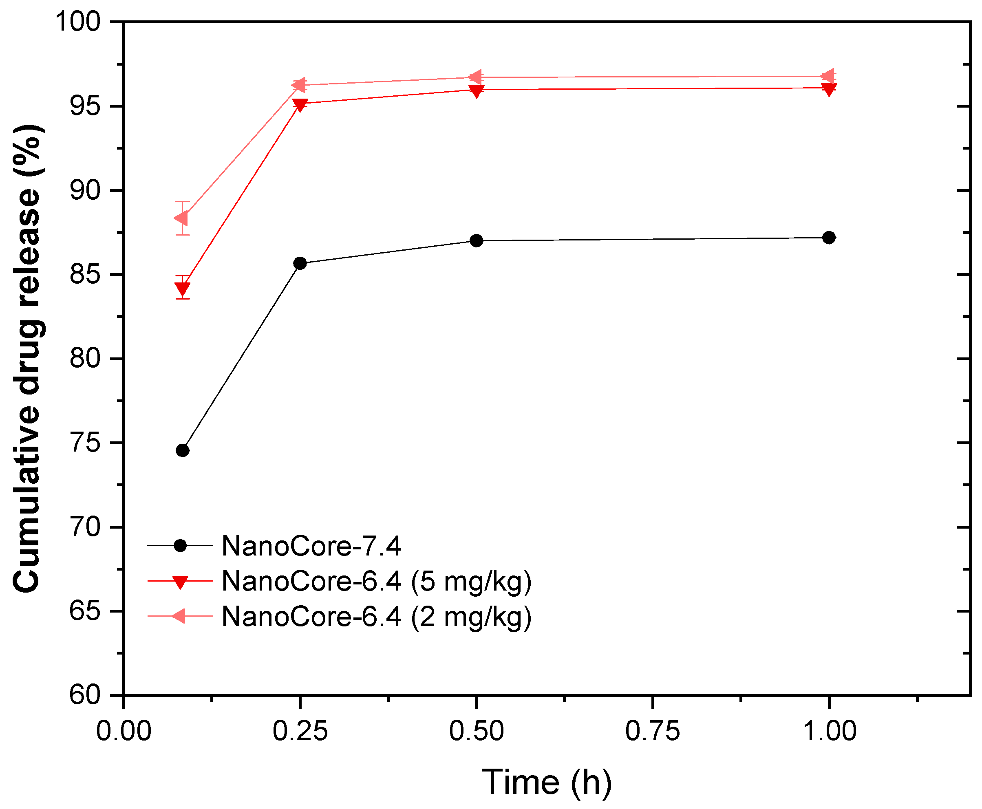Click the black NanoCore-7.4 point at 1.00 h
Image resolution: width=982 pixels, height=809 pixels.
[828, 238]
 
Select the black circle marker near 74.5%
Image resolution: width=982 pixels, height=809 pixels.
[182, 450]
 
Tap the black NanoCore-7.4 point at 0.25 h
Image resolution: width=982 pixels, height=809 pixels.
[300, 263]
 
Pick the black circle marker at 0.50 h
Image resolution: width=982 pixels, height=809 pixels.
[476, 241]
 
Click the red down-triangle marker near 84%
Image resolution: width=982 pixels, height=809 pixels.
[182, 289]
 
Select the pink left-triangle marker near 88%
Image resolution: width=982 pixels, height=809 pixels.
[181, 218]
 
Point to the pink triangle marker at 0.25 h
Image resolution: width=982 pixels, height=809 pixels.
[299, 85]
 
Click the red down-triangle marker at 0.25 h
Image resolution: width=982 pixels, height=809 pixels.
[300, 104]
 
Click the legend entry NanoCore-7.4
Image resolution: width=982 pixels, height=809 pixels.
[311, 546]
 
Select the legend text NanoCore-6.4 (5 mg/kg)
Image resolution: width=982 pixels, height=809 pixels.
[376, 581]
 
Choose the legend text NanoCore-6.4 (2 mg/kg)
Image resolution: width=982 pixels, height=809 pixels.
[376, 617]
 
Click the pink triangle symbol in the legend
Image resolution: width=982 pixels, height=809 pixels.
[179, 616]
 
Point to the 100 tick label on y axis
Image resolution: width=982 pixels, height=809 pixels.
[78, 22]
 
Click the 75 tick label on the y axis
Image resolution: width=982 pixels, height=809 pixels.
[85, 443]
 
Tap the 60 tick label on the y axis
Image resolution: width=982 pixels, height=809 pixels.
[85, 695]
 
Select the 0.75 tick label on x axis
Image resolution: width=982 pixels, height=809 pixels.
[652, 731]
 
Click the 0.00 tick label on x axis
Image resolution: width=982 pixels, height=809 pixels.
[124, 731]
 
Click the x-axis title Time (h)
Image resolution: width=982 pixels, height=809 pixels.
[546, 782]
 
